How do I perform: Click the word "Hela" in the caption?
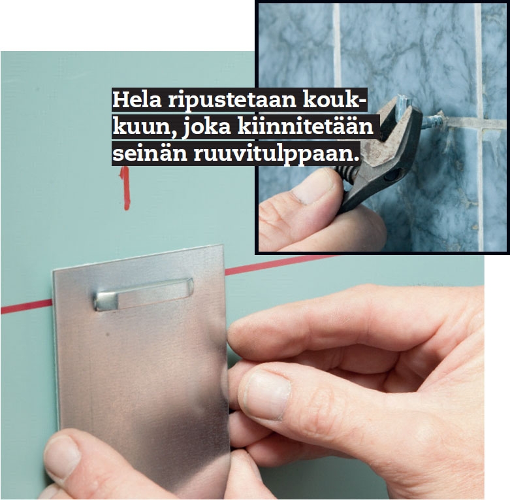click(137, 100)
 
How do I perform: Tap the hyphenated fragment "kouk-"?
click(335, 100)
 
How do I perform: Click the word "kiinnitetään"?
click(306, 126)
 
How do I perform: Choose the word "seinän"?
click(150, 154)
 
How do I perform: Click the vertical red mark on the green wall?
click(125, 188)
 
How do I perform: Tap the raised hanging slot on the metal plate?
click(144, 294)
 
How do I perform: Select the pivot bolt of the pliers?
click(391, 176)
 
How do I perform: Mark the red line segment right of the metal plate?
click(279, 265)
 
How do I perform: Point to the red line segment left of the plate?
click(27, 307)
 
